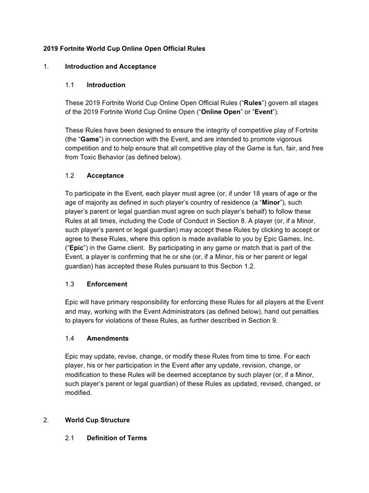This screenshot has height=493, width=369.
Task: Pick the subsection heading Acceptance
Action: click(x=105, y=175)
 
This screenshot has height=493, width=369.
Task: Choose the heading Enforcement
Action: click(x=107, y=284)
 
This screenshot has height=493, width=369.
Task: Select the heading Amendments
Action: click(x=108, y=338)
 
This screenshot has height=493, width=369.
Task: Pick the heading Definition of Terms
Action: click(x=117, y=438)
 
